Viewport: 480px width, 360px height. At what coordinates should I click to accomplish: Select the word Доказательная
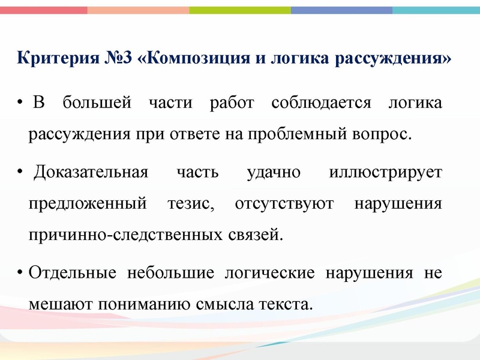pos(91,173)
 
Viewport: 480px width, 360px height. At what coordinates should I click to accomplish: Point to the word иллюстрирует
pos(386,173)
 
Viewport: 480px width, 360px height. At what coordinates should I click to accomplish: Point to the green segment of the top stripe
pos(240,10)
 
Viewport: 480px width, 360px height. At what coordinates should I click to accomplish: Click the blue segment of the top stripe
pos(342,10)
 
